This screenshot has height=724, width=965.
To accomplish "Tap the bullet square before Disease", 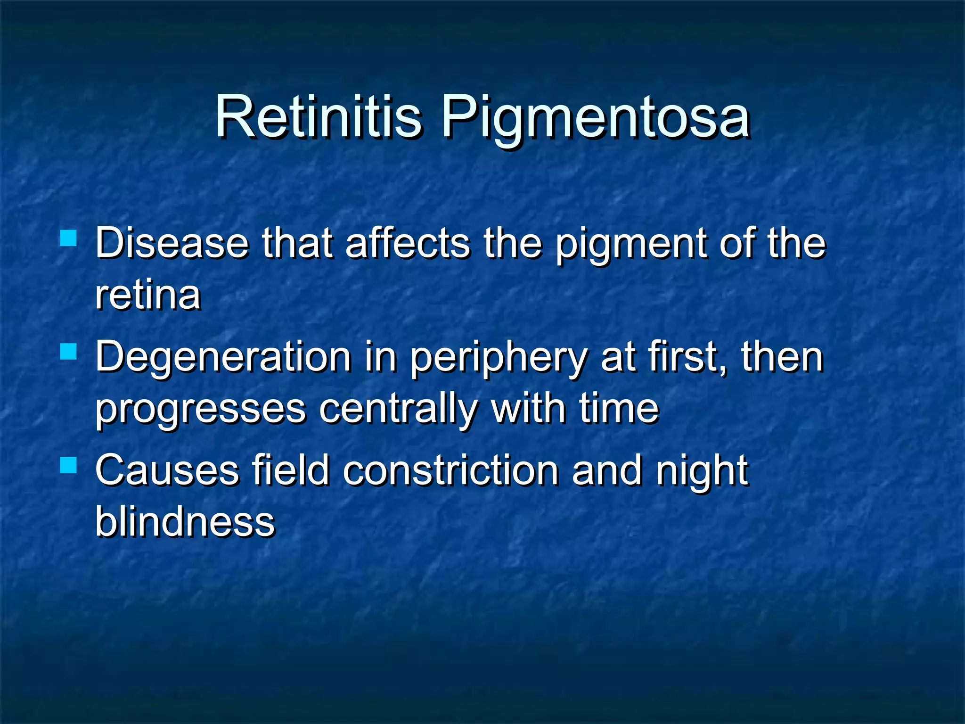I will click(69, 238).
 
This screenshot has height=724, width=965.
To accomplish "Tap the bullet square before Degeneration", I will click(69, 352).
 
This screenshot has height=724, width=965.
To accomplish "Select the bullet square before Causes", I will click(69, 465).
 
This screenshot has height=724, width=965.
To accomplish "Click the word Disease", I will click(172, 243).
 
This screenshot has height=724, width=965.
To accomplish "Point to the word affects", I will click(408, 243).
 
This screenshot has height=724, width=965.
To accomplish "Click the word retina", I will click(148, 296).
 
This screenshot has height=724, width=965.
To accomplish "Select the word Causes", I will click(167, 470).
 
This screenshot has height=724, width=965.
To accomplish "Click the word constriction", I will click(450, 470).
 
